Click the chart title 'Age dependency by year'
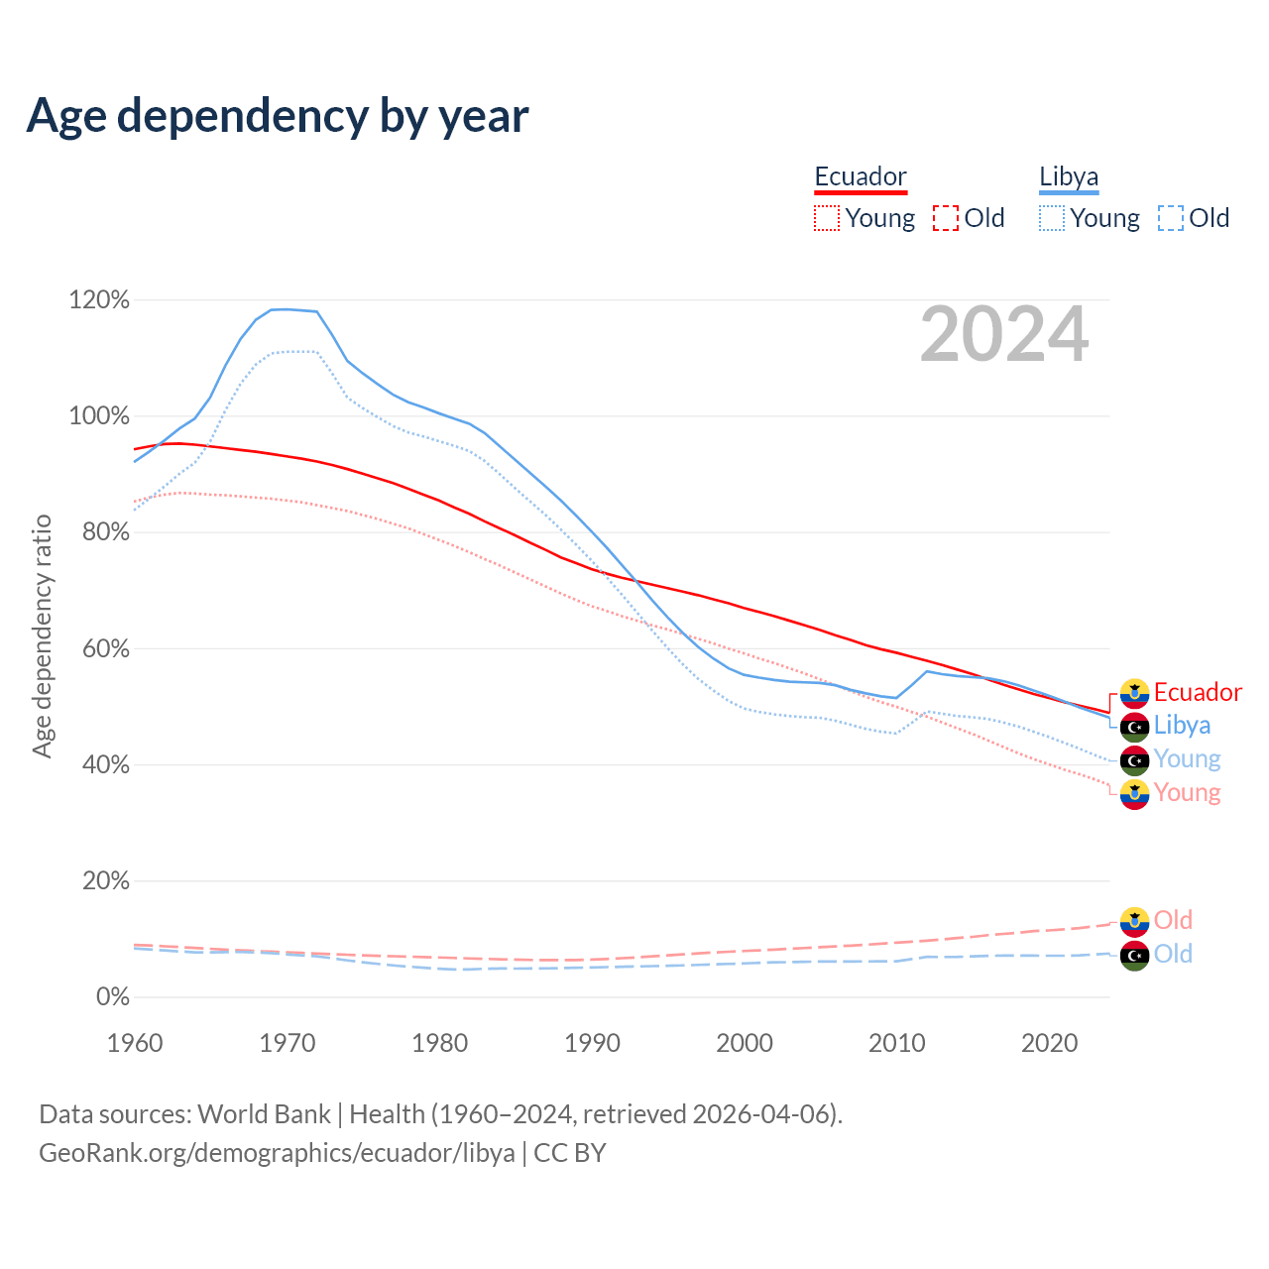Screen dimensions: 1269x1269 coord(278,115)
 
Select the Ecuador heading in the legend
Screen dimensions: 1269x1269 coord(861,176)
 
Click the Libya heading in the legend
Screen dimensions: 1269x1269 coord(1069,176)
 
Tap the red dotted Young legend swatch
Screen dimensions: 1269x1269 coord(827,218)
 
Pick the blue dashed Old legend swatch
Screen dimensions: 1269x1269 coord(1171,218)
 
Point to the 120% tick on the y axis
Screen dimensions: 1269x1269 coord(99,299)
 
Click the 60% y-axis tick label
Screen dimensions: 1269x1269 coord(99,648)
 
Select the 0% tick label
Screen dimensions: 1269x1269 coord(112,996)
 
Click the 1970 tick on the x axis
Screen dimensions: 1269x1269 coord(288,1043)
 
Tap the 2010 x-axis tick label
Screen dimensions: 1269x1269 coord(897,1043)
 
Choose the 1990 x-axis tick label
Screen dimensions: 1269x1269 coord(593,1043)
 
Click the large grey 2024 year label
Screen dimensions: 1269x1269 coord(1004,335)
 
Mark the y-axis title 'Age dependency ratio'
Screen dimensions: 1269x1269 coord(42,635)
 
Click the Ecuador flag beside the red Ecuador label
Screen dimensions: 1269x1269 coord(1134,693)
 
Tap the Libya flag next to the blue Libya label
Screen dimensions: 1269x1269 coord(1134,727)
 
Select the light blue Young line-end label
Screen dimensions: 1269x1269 coord(1187,759)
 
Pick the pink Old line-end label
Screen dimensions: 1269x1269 coord(1173,920)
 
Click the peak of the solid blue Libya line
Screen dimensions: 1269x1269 coord(285,309)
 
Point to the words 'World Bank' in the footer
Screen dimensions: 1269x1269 coord(264,1114)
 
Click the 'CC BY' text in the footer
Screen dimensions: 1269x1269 coord(570,1153)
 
